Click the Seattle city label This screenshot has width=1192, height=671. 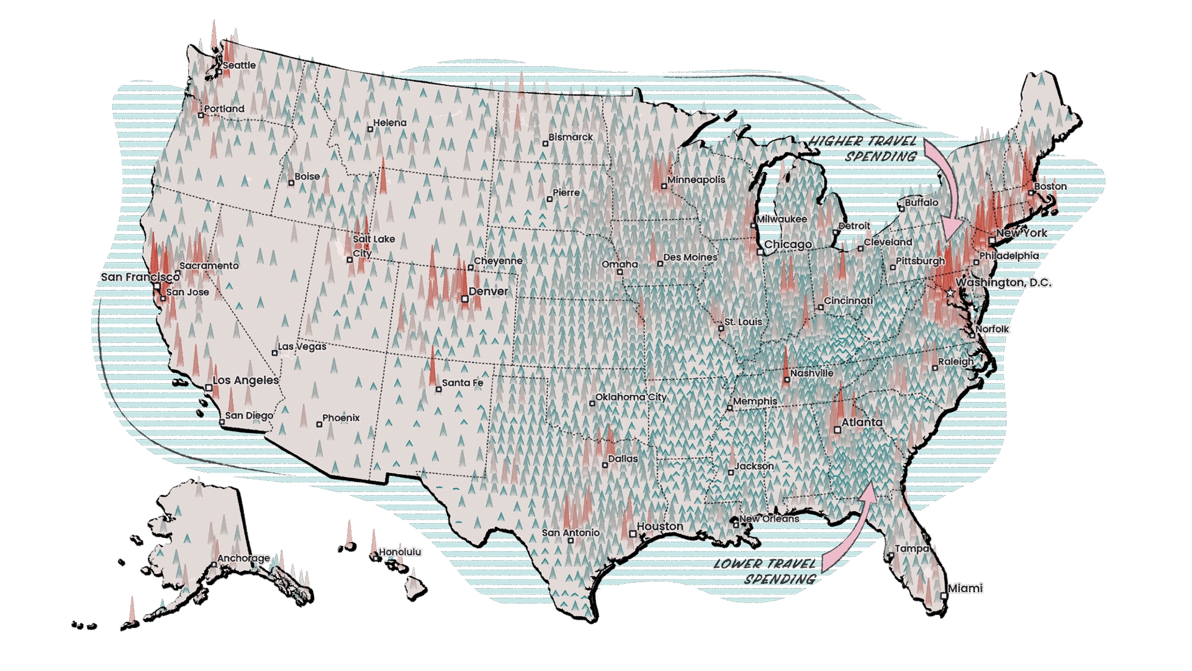pyautogui.click(x=239, y=65)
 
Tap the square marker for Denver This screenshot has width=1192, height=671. pyautogui.click(x=465, y=299)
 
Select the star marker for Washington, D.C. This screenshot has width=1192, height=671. pyautogui.click(x=950, y=292)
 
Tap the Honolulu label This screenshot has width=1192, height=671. pyautogui.click(x=400, y=552)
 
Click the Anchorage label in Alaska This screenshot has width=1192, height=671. pyautogui.click(x=243, y=558)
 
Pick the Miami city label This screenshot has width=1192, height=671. pyautogui.click(x=965, y=588)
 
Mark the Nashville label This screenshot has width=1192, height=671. pyautogui.click(x=811, y=373)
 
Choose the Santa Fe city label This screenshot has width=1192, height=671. pyautogui.click(x=463, y=383)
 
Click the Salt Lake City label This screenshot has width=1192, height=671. pyautogui.click(x=372, y=246)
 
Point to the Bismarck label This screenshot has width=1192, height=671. pyautogui.click(x=571, y=137)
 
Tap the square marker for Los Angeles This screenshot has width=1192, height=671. pyautogui.click(x=209, y=388)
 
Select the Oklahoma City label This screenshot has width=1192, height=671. pyautogui.click(x=631, y=397)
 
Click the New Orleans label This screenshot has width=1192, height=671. pyautogui.click(x=769, y=518)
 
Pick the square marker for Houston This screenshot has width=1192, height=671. pyautogui.click(x=633, y=534)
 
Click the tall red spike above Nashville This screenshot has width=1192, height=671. pyautogui.click(x=786, y=360)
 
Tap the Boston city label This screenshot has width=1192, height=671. pyautogui.click(x=1050, y=186)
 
